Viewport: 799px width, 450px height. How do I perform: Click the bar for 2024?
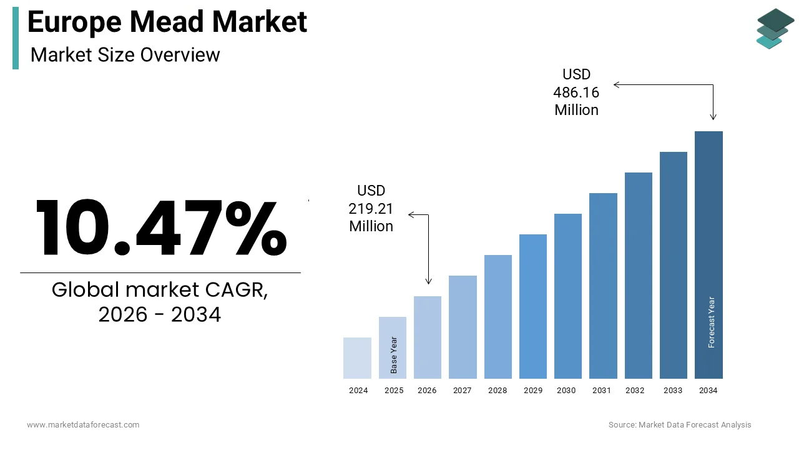tap(357, 358)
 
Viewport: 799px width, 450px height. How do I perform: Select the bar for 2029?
tap(533, 306)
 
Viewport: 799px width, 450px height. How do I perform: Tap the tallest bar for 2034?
tap(708, 255)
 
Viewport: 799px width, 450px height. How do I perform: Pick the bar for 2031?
tap(603, 286)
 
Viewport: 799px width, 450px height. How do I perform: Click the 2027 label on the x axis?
tap(463, 391)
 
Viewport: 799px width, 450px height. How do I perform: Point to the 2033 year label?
tap(673, 391)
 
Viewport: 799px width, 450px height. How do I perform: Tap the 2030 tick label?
tap(566, 391)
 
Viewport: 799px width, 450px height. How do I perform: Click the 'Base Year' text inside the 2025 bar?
tap(393, 355)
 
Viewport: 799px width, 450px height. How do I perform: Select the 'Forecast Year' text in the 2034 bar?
tap(711, 322)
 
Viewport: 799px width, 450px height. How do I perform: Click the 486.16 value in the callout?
tap(576, 92)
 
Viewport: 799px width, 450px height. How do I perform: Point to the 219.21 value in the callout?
tap(371, 209)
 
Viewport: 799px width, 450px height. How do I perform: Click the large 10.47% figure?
tap(161, 227)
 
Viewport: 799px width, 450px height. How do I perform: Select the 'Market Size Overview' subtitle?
tap(125, 55)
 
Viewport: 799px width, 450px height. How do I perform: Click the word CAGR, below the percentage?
tap(236, 289)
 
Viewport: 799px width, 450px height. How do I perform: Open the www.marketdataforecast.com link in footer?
tap(83, 424)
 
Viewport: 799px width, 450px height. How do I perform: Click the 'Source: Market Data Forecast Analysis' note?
tap(680, 424)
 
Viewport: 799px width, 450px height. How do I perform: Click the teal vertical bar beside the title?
tap(16, 38)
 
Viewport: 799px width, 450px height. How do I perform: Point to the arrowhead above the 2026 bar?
tap(428, 281)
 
